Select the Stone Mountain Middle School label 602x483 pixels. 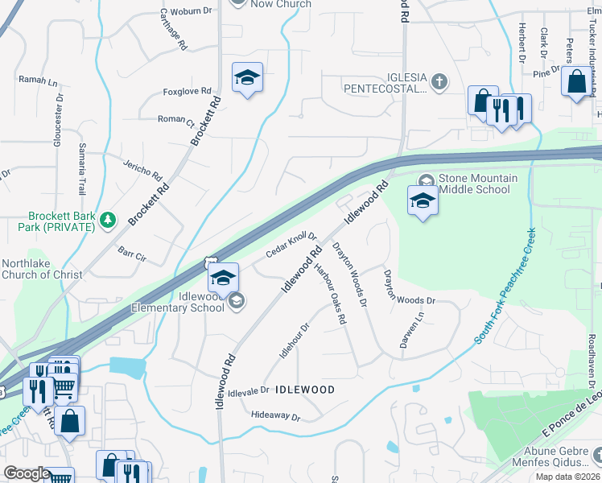(x=473, y=184)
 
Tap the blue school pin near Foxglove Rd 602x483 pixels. (x=247, y=78)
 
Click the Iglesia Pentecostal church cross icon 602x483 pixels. (x=439, y=80)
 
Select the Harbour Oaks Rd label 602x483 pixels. (x=330, y=294)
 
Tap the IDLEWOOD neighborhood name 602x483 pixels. (x=305, y=390)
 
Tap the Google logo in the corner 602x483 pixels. (x=26, y=473)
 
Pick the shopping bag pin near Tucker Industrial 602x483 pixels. (x=577, y=82)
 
